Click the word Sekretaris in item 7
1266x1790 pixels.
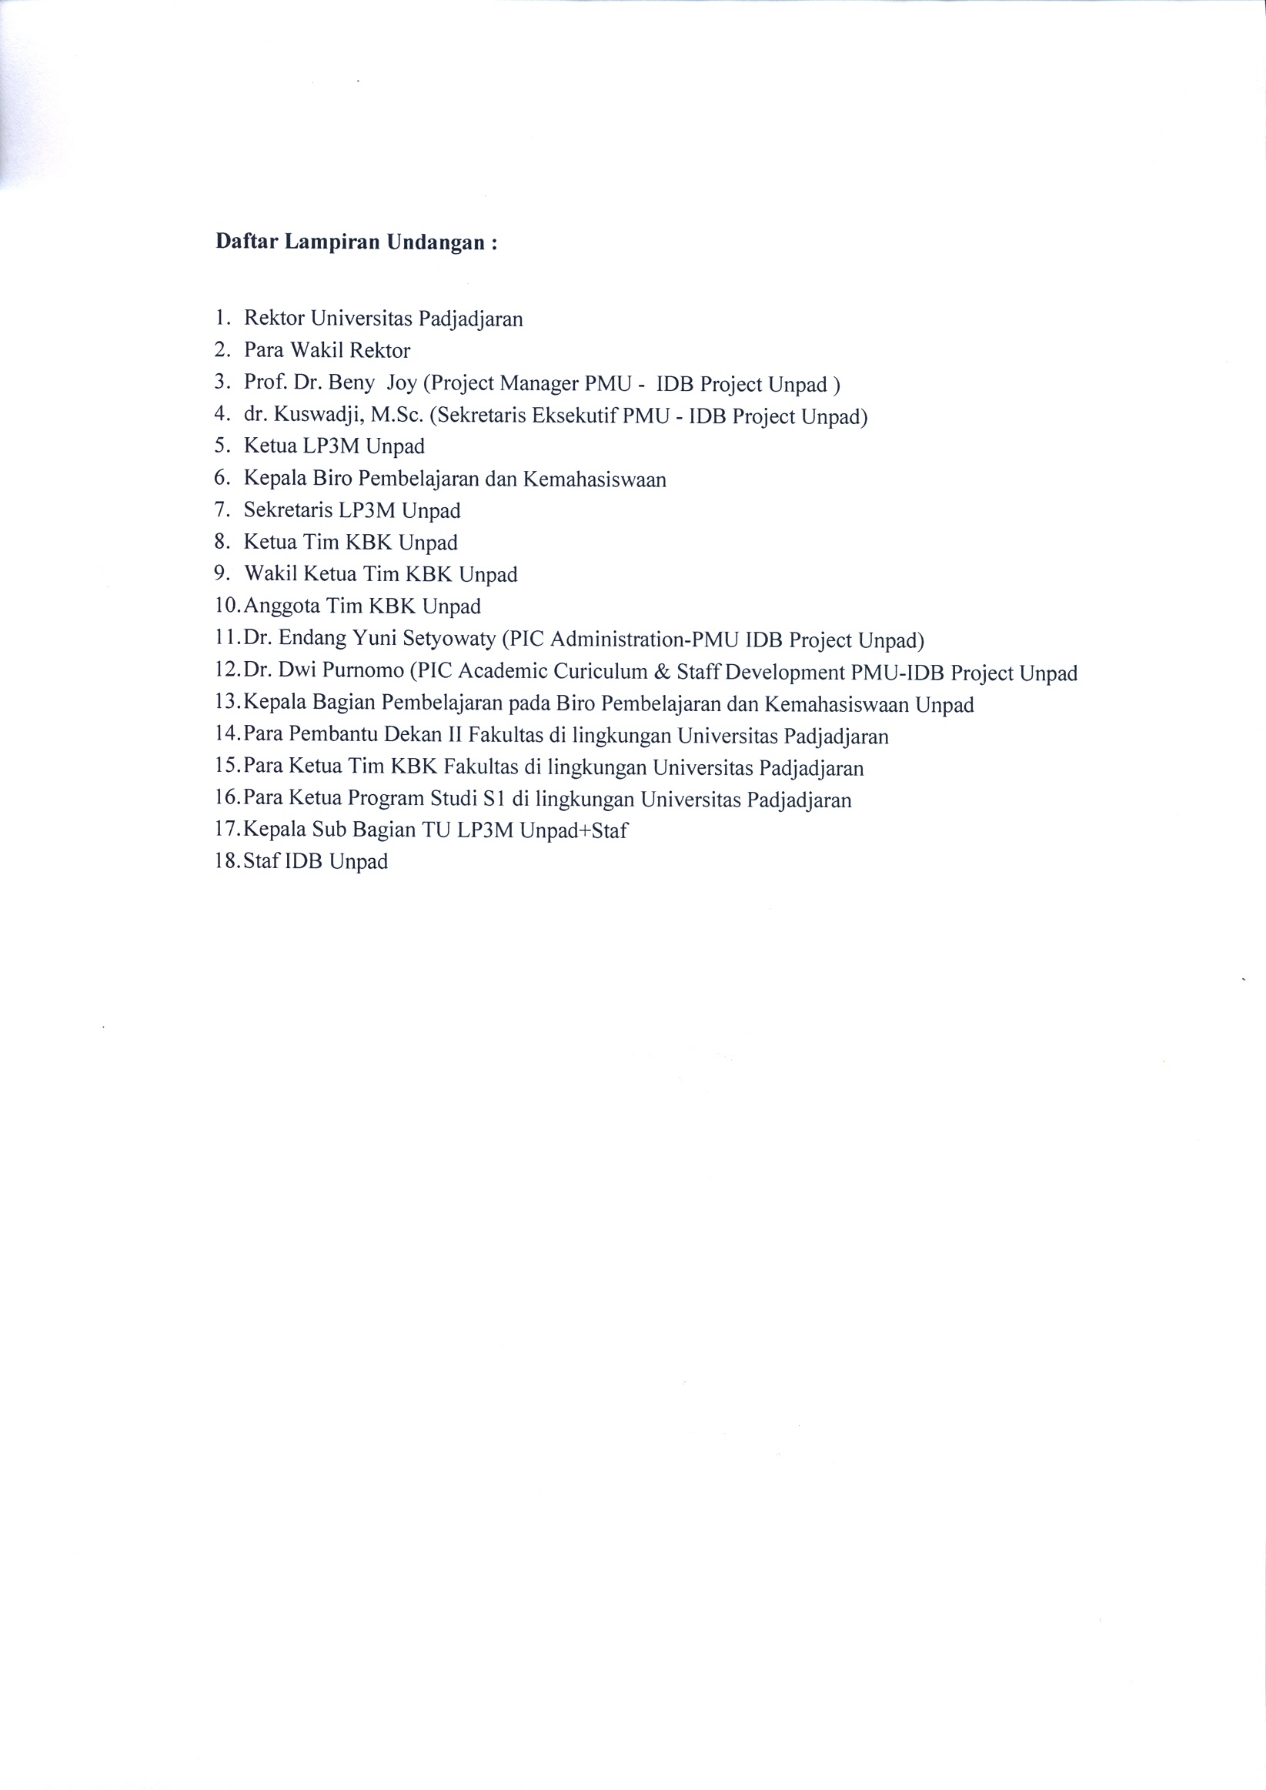pyautogui.click(x=289, y=511)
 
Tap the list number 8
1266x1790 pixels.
pyautogui.click(x=222, y=542)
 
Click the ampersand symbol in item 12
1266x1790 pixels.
pyautogui.click(x=662, y=671)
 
